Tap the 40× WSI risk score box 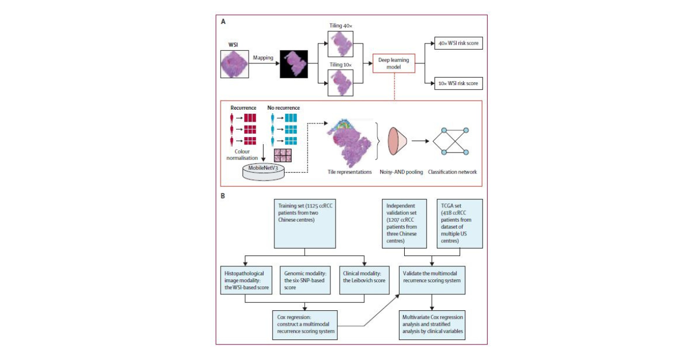458,42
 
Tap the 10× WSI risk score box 458,84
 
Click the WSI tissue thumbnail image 234,63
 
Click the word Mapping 264,58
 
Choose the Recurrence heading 244,107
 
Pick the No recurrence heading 284,107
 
